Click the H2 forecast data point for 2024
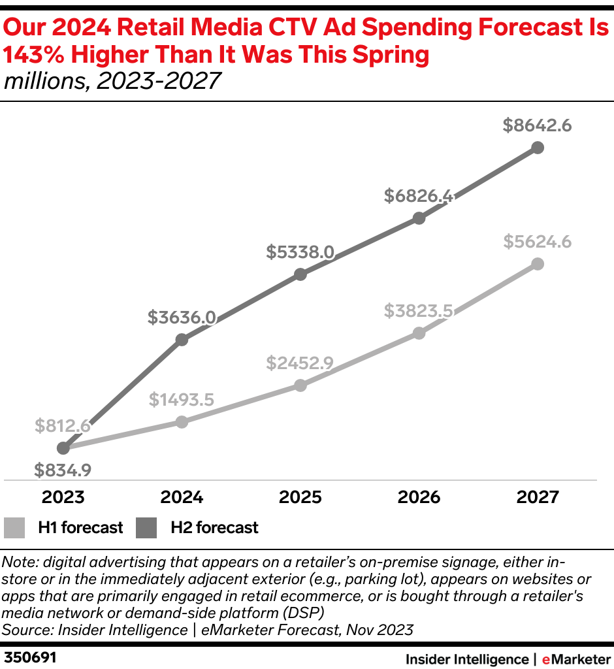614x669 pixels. pyautogui.click(x=182, y=340)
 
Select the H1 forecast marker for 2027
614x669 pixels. pyautogui.click(x=538, y=264)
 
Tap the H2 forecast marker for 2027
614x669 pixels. pyautogui.click(x=538, y=148)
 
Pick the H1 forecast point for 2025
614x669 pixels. pyautogui.click(x=300, y=385)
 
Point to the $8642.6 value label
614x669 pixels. pyautogui.click(x=537, y=126)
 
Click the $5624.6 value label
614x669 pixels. pyautogui.click(x=537, y=242)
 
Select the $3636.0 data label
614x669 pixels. pyautogui.click(x=182, y=318)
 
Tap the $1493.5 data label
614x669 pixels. pyautogui.click(x=182, y=399)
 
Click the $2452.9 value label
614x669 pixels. pyautogui.click(x=300, y=363)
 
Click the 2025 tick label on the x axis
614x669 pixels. pyautogui.click(x=300, y=497)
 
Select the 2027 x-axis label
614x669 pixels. pyautogui.click(x=538, y=497)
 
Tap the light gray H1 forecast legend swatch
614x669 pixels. pyautogui.click(x=15, y=527)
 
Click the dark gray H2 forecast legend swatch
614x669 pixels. pyautogui.click(x=147, y=527)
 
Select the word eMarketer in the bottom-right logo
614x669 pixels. pyautogui.click(x=575, y=659)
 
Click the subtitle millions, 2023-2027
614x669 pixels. pyautogui.click(x=112, y=82)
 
